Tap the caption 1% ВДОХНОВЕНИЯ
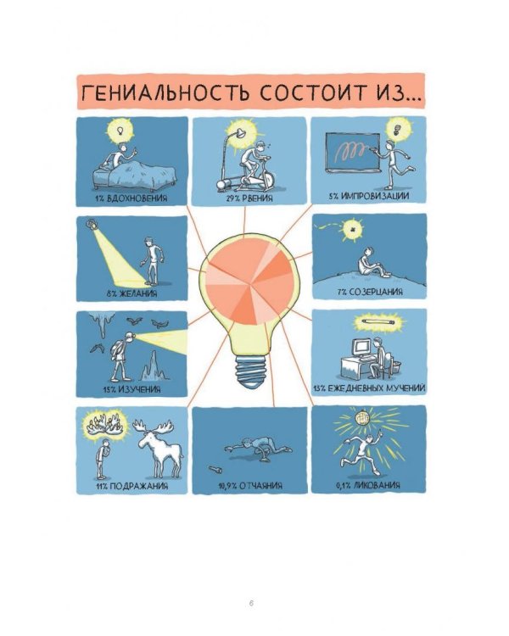coord(131,198)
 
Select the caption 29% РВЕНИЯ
coord(249,198)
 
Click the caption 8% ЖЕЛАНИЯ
coord(131,293)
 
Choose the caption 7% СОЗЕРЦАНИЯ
coord(369,293)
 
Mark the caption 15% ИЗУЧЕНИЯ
coord(131,389)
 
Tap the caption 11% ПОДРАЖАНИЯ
coord(131,487)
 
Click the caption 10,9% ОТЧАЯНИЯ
coord(249,487)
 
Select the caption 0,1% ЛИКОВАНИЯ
coord(368,487)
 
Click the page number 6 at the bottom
coord(252,603)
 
